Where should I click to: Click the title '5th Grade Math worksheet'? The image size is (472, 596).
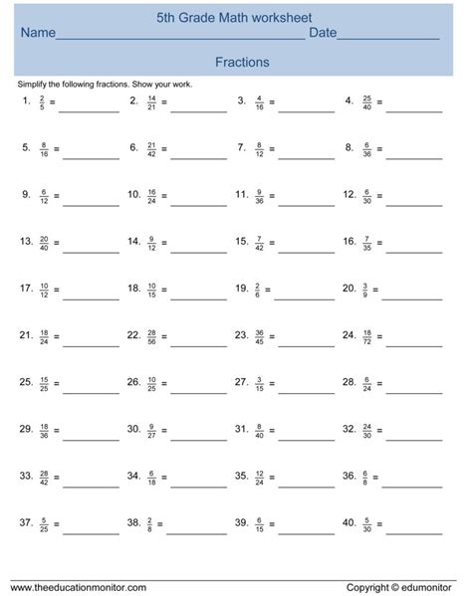click(x=235, y=17)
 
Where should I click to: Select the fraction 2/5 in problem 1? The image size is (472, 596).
click(x=42, y=101)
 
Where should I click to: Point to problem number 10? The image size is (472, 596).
click(x=133, y=195)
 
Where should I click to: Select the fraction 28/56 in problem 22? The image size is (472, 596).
click(x=151, y=336)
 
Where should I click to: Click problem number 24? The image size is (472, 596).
click(x=349, y=335)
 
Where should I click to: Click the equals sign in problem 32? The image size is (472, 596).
click(x=379, y=430)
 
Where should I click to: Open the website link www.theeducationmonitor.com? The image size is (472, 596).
click(x=79, y=587)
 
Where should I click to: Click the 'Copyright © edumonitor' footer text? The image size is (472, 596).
click(x=403, y=587)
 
